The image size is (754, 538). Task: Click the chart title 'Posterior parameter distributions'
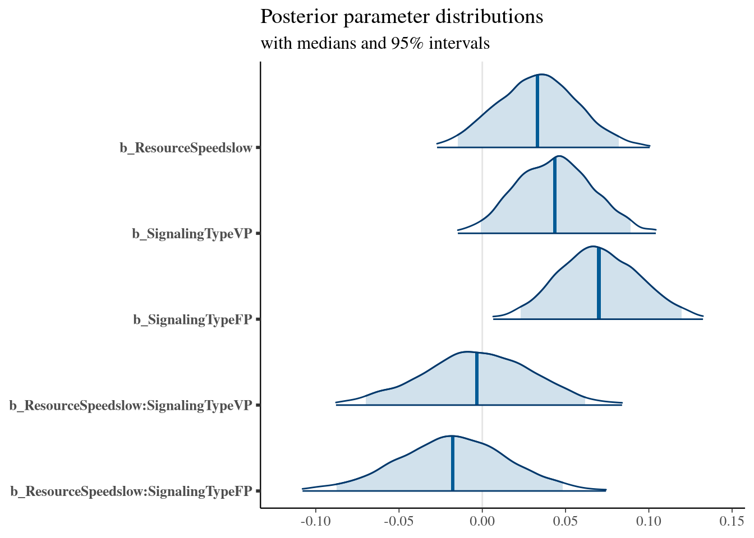coord(402,17)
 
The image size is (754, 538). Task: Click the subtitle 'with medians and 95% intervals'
coord(375,43)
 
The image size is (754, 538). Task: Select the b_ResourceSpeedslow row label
coord(186,148)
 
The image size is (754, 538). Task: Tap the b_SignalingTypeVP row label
coord(192,234)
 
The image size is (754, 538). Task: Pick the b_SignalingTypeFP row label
coord(192,319)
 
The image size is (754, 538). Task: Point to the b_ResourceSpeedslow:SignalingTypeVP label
coord(130,405)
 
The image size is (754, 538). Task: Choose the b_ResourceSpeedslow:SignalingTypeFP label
coord(131,491)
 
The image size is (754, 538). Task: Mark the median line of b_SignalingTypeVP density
coord(555,196)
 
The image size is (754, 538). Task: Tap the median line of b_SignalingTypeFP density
coord(599,283)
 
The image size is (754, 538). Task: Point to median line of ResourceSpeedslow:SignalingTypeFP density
coord(453,463)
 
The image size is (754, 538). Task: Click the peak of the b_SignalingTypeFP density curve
coord(592,246)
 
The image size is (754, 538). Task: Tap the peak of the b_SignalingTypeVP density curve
coord(558,156)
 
